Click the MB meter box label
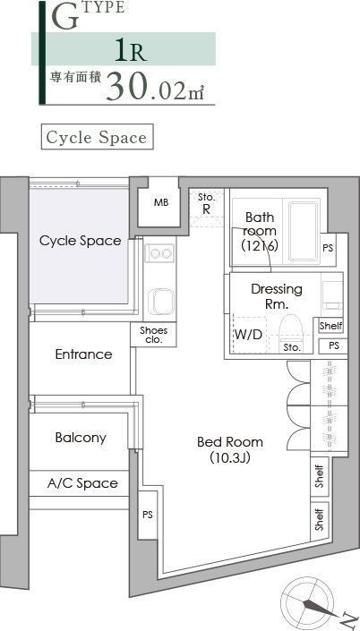click(x=161, y=202)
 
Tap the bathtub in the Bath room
click(x=303, y=231)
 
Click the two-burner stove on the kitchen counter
click(x=160, y=253)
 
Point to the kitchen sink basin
click(x=161, y=301)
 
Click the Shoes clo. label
click(x=153, y=335)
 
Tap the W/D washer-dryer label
click(x=248, y=334)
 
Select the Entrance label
click(x=84, y=354)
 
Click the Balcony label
click(x=81, y=438)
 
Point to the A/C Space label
click(x=82, y=483)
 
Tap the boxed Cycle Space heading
click(x=97, y=137)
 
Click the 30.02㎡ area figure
click(x=155, y=86)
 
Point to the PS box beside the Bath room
click(x=329, y=249)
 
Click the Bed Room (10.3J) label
click(x=230, y=449)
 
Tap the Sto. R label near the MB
click(x=206, y=204)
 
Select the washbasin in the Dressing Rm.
click(x=332, y=295)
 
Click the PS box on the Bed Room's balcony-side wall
click(x=148, y=515)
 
